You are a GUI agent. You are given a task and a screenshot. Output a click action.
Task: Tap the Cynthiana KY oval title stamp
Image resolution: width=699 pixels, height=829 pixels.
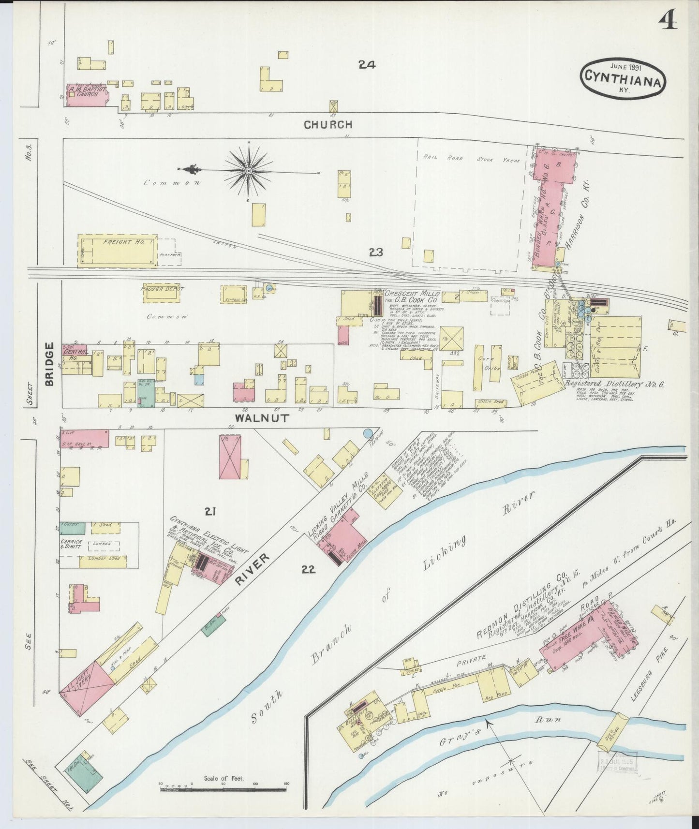pos(622,78)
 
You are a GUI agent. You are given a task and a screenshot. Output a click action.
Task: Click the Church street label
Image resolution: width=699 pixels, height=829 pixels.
pos(327,125)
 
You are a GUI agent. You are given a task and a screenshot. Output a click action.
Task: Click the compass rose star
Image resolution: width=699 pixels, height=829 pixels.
pos(249,170)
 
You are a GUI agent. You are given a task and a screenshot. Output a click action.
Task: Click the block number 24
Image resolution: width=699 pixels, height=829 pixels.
pos(367,64)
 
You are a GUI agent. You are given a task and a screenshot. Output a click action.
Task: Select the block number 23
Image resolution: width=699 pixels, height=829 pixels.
pos(376,252)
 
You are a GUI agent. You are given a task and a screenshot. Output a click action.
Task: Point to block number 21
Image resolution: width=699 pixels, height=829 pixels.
pos(209,511)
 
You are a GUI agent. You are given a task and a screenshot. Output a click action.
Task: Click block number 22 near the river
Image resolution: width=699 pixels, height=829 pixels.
pos(308,570)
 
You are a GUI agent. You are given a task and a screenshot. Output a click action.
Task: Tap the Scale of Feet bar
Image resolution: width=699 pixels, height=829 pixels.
pos(223,789)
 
